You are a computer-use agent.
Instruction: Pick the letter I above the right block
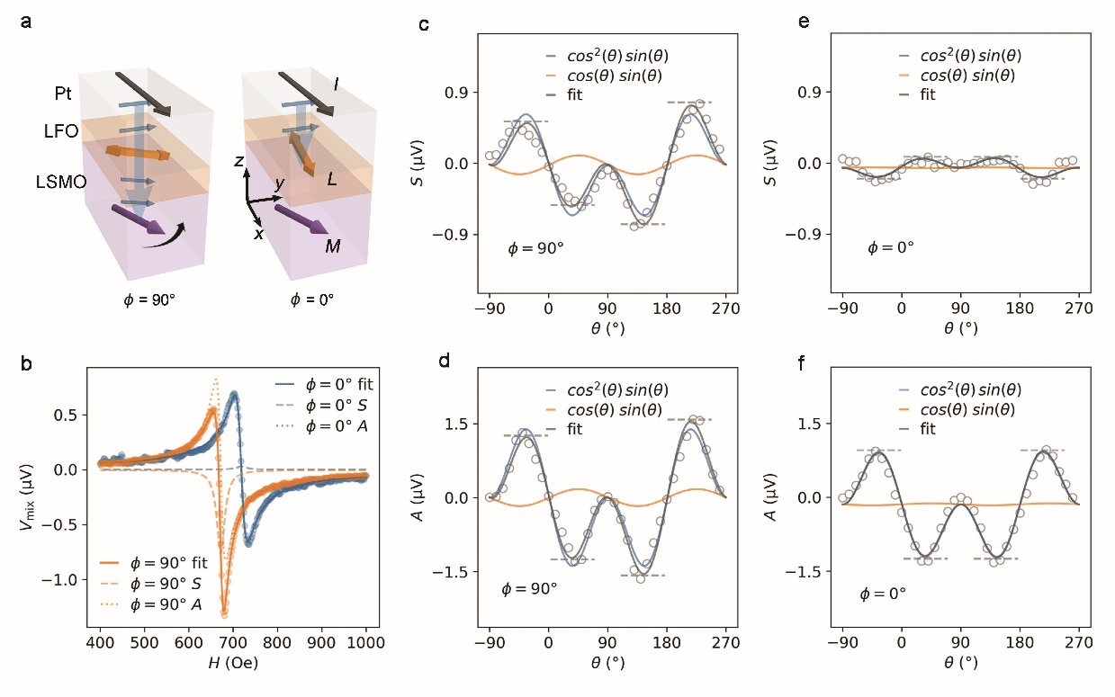pos(335,83)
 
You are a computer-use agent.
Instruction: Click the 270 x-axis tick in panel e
pos(1079,308)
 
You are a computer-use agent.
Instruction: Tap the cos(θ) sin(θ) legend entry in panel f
pos(970,409)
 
